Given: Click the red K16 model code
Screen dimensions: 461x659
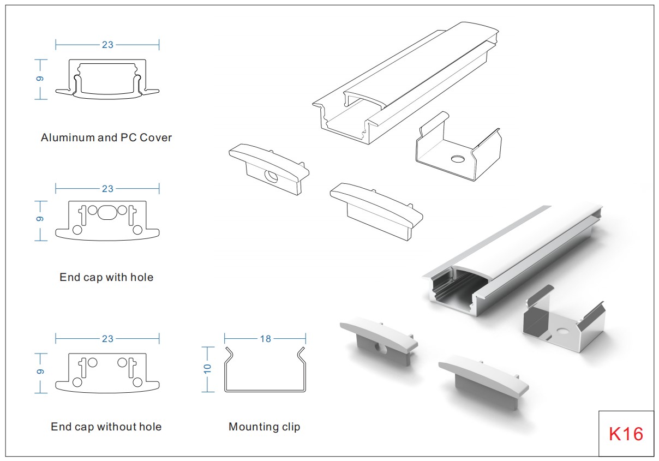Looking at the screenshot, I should (626, 434).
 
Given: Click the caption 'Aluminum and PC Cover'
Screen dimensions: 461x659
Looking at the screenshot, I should (106, 137).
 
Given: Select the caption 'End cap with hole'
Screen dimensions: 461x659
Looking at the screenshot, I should (106, 277).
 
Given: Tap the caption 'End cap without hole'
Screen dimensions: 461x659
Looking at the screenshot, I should (106, 427).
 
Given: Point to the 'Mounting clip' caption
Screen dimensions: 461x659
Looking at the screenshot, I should (264, 427).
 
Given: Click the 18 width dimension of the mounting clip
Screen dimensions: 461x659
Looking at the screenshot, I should (265, 339).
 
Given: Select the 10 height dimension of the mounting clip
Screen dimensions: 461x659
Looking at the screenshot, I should (207, 369).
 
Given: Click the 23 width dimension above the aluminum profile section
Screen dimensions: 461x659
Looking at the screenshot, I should (107, 45).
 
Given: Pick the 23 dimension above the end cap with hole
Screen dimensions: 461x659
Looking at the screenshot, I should (107, 189).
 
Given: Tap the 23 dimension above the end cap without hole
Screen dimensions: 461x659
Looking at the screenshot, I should (107, 339).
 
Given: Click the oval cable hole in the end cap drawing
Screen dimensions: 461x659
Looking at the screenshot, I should (107, 212).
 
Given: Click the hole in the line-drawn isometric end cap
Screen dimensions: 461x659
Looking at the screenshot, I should (269, 176).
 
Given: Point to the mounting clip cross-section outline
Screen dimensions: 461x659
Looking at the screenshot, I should (265, 371).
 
